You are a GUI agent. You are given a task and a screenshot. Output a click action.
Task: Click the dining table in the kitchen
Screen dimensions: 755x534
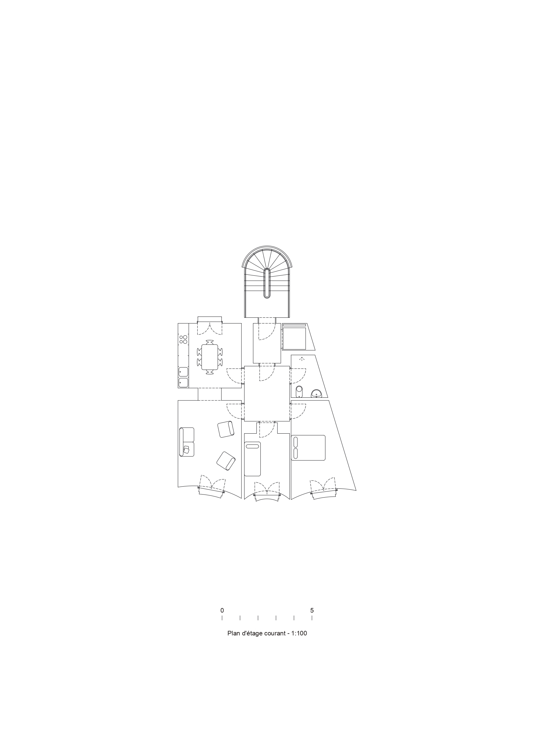209,357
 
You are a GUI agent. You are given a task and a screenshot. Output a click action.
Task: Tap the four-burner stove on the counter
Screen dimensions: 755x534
183,339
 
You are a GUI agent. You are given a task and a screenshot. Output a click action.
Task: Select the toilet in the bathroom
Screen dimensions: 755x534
299,391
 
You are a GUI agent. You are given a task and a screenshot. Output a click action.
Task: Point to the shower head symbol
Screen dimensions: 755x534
302,359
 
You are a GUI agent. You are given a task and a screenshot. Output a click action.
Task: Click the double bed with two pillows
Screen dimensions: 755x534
308,448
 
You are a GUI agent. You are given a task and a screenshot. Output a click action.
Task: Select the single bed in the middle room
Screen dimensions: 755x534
252,458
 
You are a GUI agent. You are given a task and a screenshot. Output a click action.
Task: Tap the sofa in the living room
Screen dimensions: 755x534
187,442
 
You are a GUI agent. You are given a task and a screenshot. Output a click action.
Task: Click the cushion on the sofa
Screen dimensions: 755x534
187,449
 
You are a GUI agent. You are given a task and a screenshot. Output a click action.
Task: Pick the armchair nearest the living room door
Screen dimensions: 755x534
226,429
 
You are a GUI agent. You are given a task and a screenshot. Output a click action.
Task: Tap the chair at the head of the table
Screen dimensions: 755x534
209,341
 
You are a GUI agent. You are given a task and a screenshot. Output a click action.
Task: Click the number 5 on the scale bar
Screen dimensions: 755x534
312,610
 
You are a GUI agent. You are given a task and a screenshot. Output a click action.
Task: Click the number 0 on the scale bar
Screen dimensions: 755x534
222,610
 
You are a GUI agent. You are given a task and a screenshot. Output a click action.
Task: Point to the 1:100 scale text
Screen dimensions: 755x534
299,633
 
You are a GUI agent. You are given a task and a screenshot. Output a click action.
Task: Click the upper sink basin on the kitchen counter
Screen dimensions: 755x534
183,372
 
